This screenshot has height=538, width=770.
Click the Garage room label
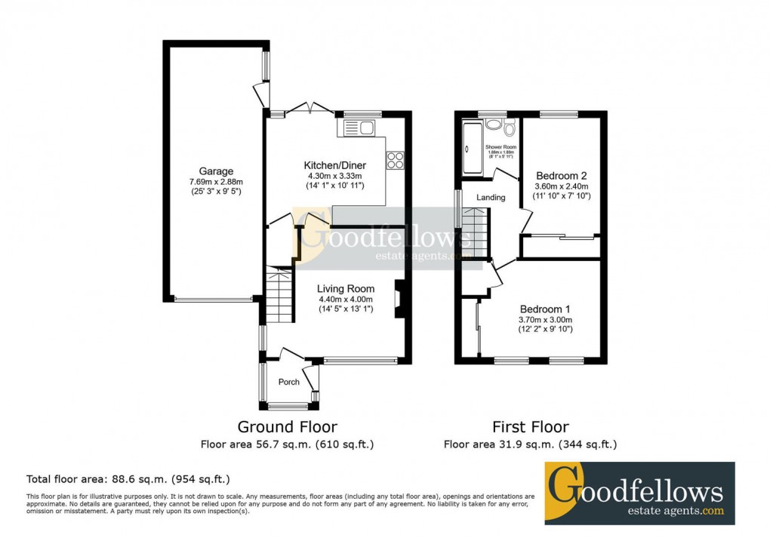coord(216,171)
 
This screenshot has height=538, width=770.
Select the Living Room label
coord(345,288)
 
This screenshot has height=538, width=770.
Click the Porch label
coord(289,382)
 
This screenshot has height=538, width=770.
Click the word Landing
coord(491,198)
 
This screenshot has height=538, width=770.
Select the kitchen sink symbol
coord(360,128)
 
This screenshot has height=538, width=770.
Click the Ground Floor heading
coord(287,427)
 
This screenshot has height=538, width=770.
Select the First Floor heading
coord(530,427)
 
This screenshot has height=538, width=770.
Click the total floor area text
coord(128,479)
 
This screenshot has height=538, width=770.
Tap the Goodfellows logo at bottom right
coord(639,493)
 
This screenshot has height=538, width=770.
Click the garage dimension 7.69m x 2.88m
coord(216,182)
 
